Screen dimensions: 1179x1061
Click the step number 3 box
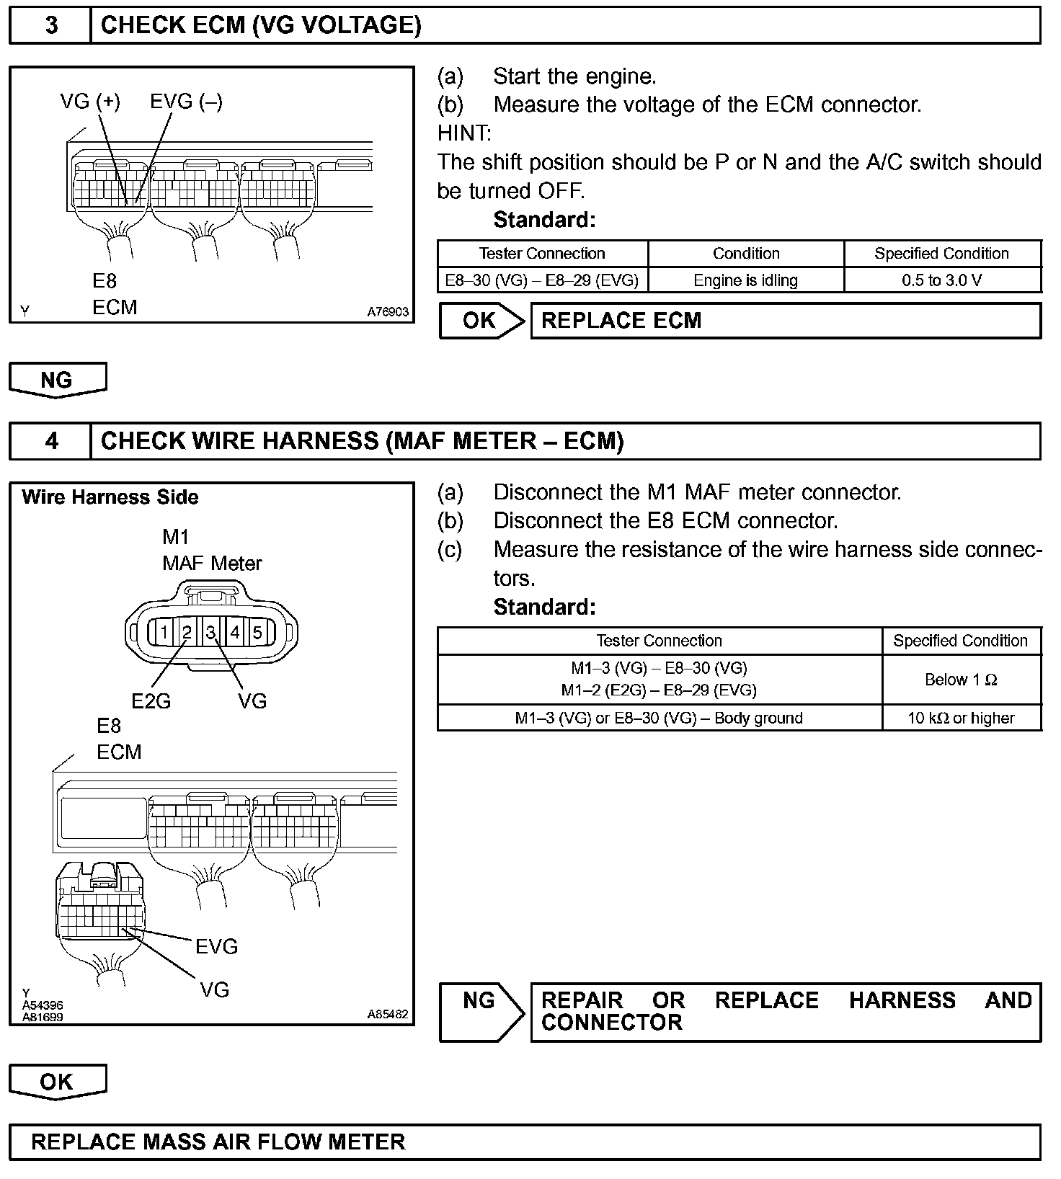50,25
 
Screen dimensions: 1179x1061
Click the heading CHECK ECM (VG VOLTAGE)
261,25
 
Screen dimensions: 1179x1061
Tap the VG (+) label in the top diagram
90,102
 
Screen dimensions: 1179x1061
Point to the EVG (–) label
186,102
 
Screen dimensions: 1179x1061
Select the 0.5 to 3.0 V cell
941,280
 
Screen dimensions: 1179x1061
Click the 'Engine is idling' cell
745,280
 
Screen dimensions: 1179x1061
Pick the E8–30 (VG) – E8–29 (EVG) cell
542,280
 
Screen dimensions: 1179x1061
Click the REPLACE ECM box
785,321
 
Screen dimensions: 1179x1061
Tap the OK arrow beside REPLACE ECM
481,321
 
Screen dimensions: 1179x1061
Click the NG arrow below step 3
57,380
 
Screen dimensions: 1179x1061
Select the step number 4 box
50,440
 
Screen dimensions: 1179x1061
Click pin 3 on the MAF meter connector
211,633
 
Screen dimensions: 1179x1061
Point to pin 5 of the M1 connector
257,633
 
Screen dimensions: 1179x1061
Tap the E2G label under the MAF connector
151,700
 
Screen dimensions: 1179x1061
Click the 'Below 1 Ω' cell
961,680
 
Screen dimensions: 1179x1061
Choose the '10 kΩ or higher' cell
961,718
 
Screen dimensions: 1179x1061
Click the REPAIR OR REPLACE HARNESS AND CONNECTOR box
785,1011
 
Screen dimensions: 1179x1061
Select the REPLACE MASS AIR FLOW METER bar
525,1142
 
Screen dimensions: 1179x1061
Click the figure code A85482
388,1014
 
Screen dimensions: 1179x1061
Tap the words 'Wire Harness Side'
110,497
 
